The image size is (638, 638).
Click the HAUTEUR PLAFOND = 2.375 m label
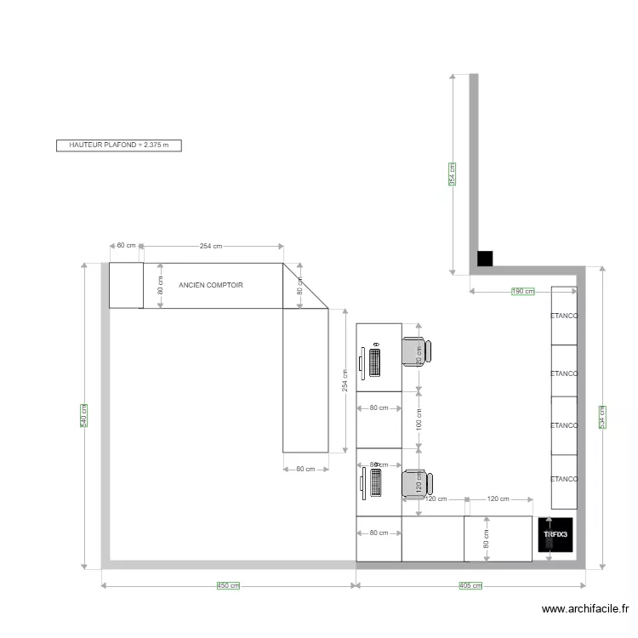tap(119, 145)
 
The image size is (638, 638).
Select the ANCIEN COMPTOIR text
tap(211, 285)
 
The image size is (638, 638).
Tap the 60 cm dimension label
tap(126, 246)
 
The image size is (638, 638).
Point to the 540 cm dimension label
tap(84, 416)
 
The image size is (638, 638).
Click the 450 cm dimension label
tap(227, 585)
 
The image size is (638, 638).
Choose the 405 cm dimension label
tap(470, 585)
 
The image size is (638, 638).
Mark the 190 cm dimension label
tap(522, 292)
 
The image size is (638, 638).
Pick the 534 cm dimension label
tap(602, 416)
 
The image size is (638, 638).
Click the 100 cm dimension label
tap(419, 419)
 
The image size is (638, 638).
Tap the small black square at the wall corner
tap(485, 259)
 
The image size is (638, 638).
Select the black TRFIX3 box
tap(556, 538)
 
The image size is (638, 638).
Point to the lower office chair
tap(417, 483)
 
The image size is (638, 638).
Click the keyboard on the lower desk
tap(375, 483)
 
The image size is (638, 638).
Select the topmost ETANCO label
tap(564, 316)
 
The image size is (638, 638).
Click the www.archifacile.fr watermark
tap(586, 609)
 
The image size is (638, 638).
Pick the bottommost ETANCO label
tap(564, 479)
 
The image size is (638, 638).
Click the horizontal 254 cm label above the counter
tap(211, 246)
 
